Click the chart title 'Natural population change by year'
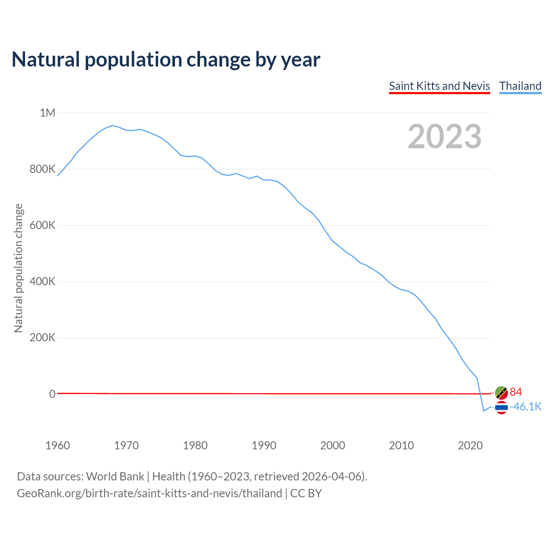(166, 60)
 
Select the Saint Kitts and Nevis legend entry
(439, 86)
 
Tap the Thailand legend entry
(520, 86)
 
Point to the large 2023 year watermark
(445, 137)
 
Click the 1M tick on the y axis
(48, 113)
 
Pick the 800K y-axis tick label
(42, 169)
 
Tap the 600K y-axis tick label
(42, 226)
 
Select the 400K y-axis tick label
(42, 282)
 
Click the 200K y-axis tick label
(42, 338)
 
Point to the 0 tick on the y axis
(52, 394)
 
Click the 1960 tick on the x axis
(57, 445)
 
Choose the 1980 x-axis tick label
(195, 445)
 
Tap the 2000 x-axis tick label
(333, 445)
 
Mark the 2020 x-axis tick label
(470, 445)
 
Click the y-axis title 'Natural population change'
(18, 268)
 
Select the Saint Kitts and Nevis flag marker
(501, 393)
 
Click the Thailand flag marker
(501, 407)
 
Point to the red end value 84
(516, 392)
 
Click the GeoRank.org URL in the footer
(149, 493)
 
